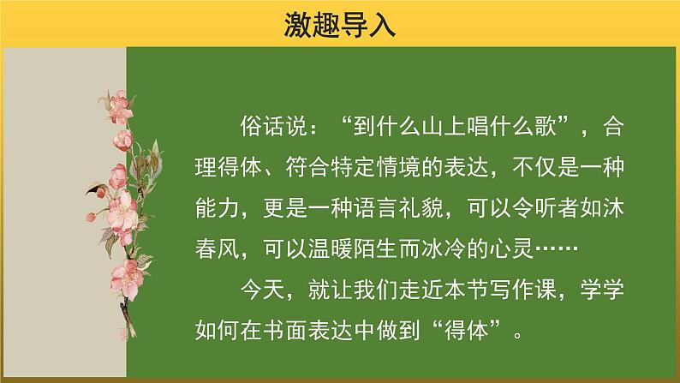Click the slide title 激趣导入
coord(340,25)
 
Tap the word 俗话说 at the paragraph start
coord(262,129)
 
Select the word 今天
coord(262,291)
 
